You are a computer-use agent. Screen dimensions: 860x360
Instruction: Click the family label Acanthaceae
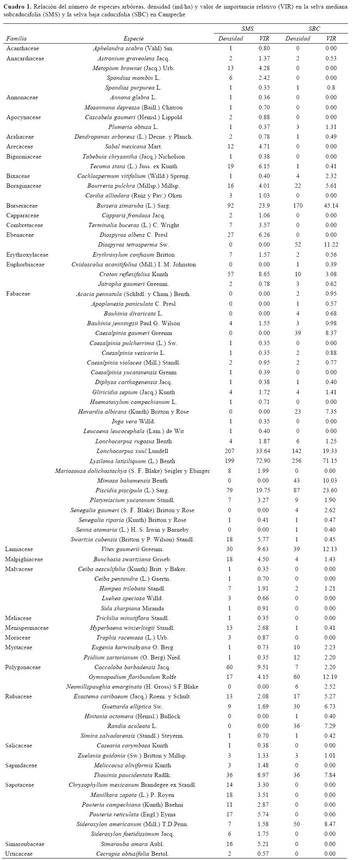point(23,49)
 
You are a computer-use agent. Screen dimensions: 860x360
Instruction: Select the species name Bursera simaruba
point(133,206)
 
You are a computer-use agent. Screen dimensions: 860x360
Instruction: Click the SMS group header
point(247,29)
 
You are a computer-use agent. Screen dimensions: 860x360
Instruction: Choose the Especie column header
point(133,39)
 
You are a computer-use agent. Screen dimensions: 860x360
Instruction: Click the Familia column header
point(16,39)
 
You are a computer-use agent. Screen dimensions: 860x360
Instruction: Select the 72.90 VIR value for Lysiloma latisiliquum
point(264,461)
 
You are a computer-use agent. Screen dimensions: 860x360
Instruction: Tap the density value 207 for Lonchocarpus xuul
point(230,451)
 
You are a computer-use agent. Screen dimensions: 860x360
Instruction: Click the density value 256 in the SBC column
point(298,461)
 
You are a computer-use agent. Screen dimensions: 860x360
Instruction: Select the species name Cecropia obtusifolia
point(133,854)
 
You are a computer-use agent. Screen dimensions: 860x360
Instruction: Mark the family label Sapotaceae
point(19,785)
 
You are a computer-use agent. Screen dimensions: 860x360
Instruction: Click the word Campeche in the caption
point(171,14)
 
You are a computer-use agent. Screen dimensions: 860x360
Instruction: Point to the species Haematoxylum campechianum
point(133,402)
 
